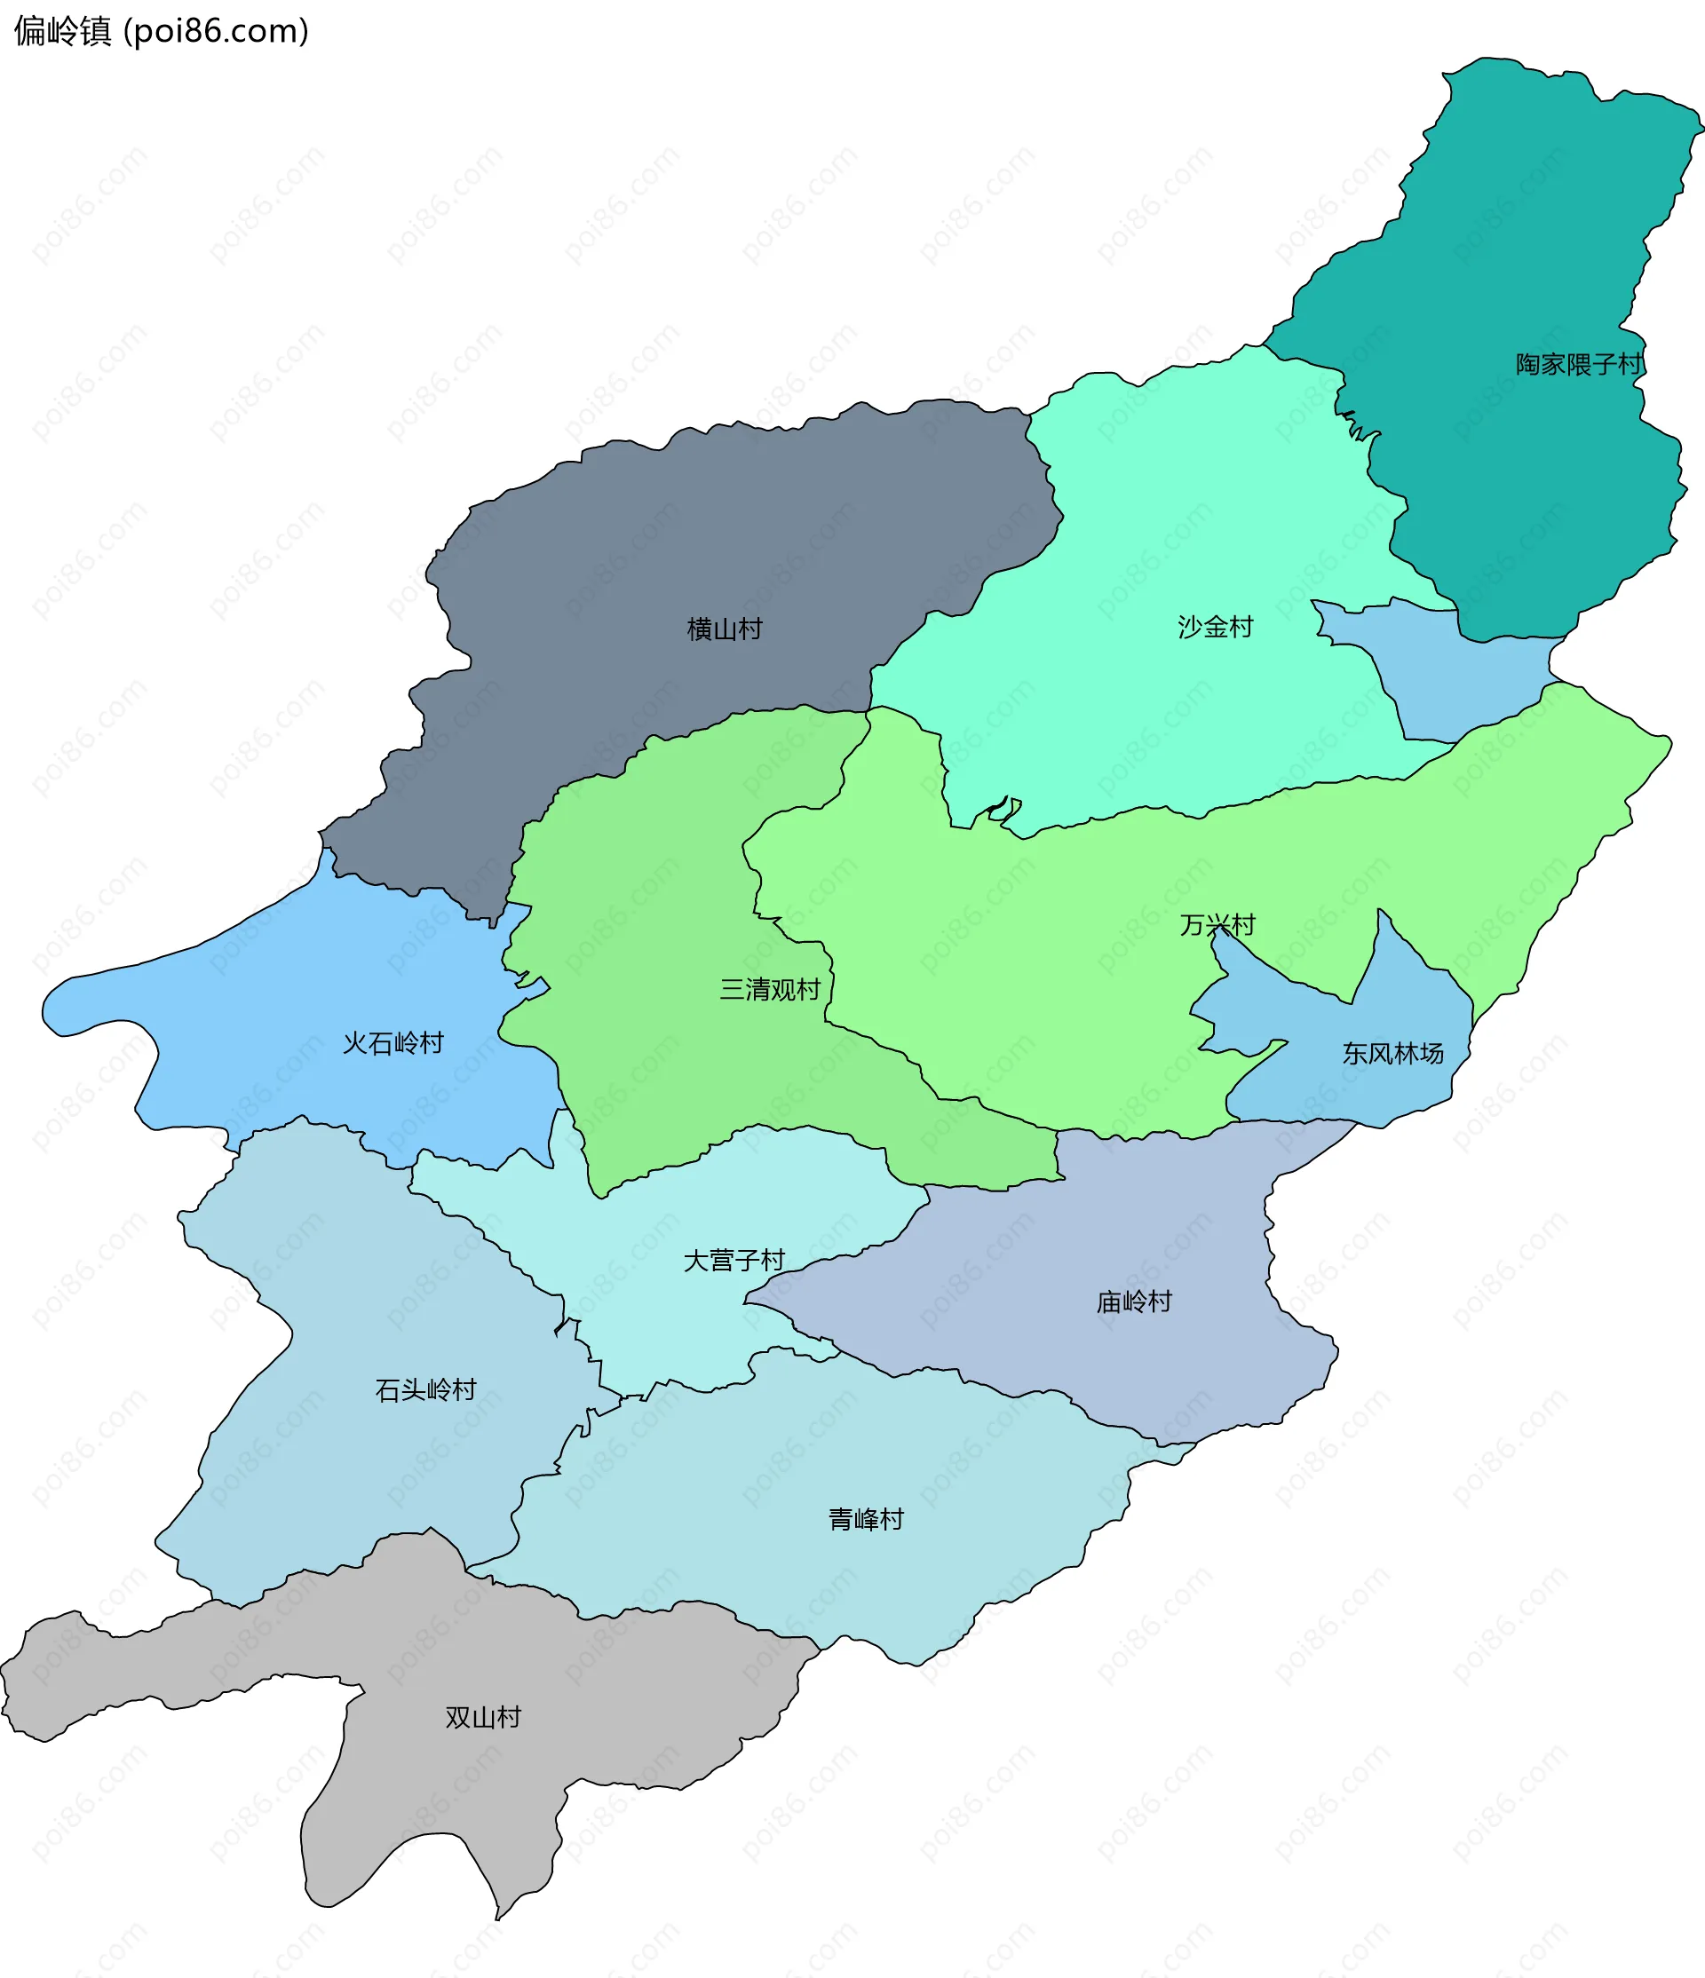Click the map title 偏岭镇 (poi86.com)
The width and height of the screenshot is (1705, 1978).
coord(161,31)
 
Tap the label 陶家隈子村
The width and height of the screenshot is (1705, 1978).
coord(1580,365)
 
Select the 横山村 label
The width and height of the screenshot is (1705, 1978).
coord(725,629)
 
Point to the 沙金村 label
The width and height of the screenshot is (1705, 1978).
coord(1214,627)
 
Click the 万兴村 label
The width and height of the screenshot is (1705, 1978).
coord(1217,925)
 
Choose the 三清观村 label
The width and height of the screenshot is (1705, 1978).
coord(769,989)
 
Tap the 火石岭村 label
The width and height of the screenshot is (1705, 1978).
coord(393,1042)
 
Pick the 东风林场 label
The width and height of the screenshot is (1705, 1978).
coord(1392,1053)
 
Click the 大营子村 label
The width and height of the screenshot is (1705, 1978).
coord(734,1260)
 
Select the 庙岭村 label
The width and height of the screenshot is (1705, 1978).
coord(1133,1302)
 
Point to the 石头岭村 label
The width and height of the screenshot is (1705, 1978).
coord(424,1389)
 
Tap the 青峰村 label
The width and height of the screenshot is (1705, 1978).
coord(865,1519)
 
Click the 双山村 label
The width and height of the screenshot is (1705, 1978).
coord(483,1717)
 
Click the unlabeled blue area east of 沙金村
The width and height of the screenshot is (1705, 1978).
coord(1461,677)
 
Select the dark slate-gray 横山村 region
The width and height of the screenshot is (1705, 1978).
coord(669,534)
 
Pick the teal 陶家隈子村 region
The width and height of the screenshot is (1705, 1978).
coord(1527,239)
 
